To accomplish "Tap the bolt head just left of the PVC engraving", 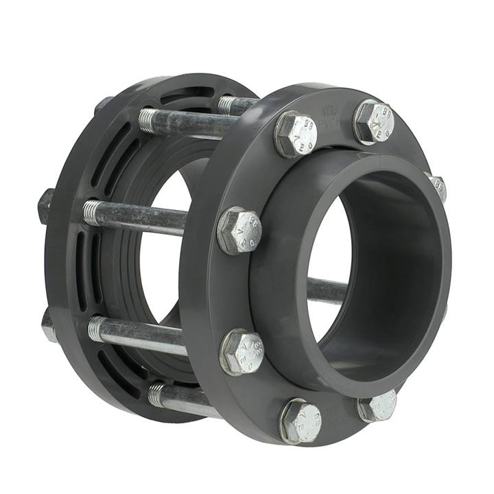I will [x=296, y=134].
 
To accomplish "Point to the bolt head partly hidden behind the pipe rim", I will [x=437, y=187].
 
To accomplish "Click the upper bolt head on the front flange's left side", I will [x=239, y=230].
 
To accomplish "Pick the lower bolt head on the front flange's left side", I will [x=242, y=351].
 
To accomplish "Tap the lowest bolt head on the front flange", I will [x=301, y=420].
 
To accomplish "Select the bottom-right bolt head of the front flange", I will [x=377, y=406].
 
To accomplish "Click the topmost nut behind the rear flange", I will [x=104, y=104].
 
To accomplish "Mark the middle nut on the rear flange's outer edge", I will [x=46, y=206].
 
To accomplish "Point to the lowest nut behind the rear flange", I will [x=48, y=326].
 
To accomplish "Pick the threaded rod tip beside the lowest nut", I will [x=97, y=328].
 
